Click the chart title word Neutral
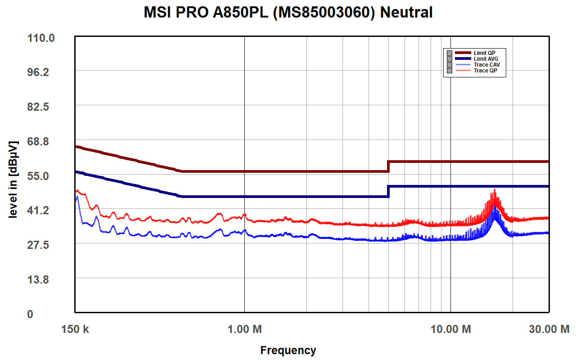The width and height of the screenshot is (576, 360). (x=406, y=13)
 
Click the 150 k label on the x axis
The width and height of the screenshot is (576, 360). (x=75, y=329)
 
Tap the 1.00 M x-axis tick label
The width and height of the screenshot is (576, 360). (x=244, y=329)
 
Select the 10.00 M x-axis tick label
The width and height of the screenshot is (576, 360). (x=450, y=329)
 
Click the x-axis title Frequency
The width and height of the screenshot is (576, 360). (x=288, y=350)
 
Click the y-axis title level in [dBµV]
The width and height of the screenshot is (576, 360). (x=13, y=180)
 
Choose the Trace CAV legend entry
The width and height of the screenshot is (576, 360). (x=486, y=65)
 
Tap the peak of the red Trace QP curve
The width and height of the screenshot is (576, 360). (x=495, y=190)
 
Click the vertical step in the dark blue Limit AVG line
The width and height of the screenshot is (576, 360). (x=388, y=191)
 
